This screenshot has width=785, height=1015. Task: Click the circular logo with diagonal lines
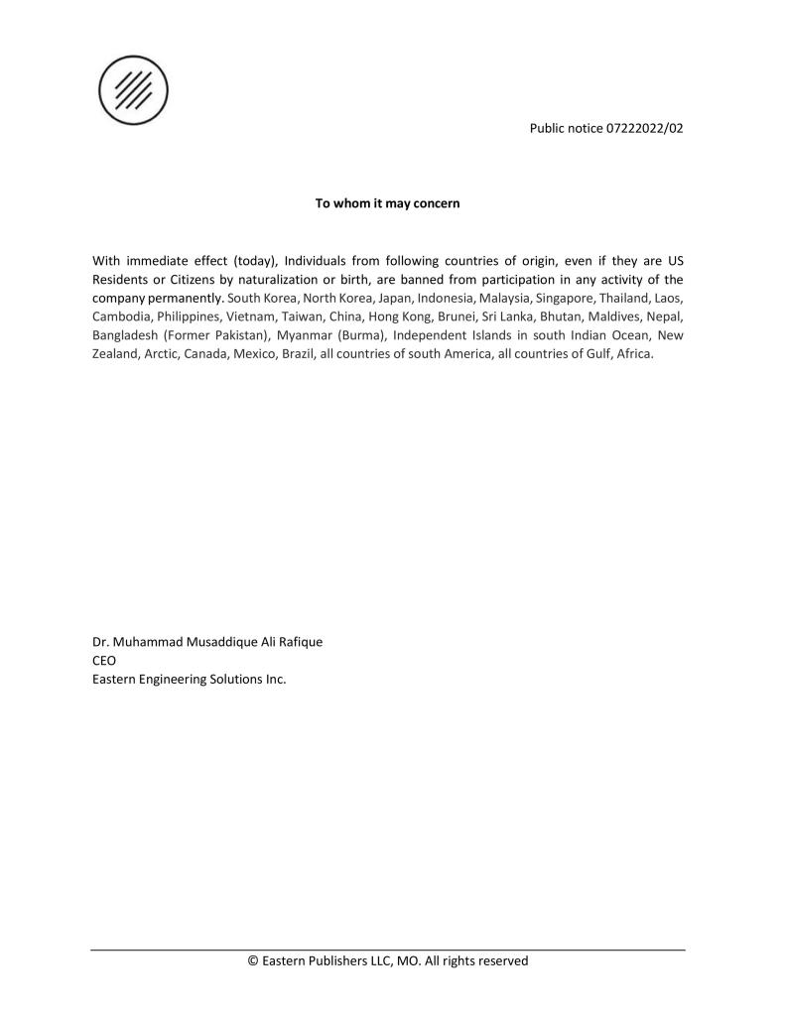coord(133,90)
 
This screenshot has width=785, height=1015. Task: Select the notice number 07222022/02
coord(644,128)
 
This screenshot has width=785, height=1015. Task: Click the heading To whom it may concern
coord(387,203)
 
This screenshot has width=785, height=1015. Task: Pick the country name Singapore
coord(564,299)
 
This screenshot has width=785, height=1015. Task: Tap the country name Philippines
coord(189,317)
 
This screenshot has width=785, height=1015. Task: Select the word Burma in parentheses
coord(355,335)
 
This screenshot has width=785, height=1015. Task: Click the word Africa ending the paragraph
coord(634,354)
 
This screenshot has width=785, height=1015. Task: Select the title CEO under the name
coord(104,661)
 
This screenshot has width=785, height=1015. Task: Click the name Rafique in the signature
coord(299,642)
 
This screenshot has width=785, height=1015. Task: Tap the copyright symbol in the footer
coord(253,960)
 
